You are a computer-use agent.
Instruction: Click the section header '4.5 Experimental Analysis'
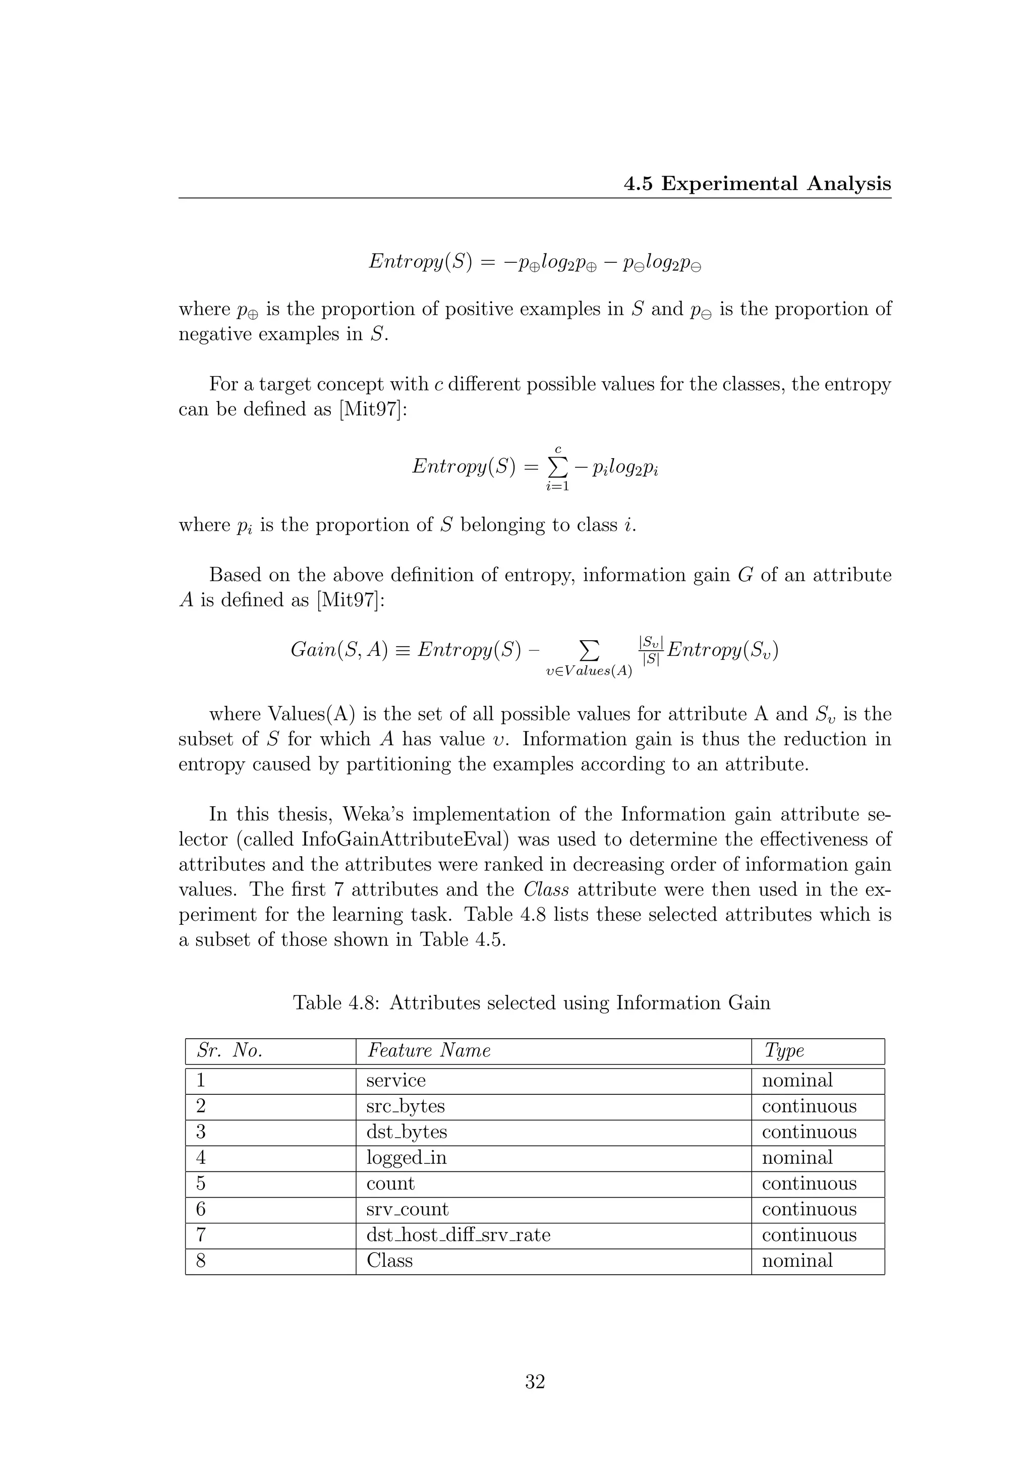click(757, 184)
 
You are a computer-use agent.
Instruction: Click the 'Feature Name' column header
click(429, 1050)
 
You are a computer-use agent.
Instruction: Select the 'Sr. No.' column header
click(229, 1050)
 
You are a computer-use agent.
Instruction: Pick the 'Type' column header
click(784, 1050)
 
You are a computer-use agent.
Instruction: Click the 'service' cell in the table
click(395, 1081)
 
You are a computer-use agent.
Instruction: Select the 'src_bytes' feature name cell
click(405, 1106)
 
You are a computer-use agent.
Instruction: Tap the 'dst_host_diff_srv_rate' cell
click(458, 1234)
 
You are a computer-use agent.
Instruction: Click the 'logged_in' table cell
click(407, 1157)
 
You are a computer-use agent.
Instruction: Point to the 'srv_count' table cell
click(407, 1209)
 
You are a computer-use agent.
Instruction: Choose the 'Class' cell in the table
click(389, 1261)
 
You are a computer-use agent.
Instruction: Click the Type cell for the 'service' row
click(797, 1081)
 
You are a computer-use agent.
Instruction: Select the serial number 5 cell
click(201, 1184)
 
